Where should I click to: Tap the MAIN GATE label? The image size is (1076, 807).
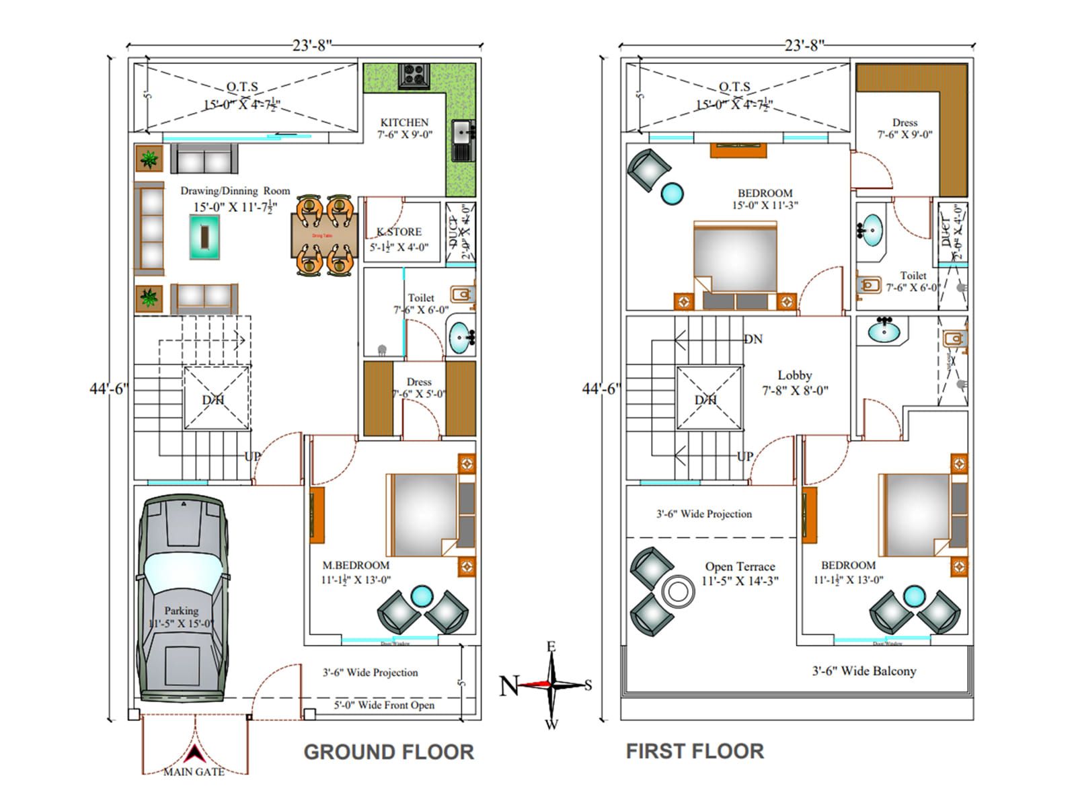tap(194, 772)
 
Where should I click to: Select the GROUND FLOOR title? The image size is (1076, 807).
tap(389, 752)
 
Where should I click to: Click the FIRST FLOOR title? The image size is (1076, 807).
tap(695, 751)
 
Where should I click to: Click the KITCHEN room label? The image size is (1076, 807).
tap(404, 122)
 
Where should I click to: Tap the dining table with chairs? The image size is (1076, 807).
tap(325, 235)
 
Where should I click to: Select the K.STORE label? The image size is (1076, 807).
tap(399, 232)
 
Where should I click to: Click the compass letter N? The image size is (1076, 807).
tap(509, 686)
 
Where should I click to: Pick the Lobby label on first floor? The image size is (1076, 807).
tap(795, 375)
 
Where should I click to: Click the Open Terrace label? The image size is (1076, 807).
tap(740, 567)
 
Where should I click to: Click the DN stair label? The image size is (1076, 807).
tap(753, 339)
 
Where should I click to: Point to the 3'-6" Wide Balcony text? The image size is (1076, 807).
tap(864, 671)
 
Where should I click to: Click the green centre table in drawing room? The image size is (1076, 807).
tap(204, 237)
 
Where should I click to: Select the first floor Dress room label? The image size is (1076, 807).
tap(905, 122)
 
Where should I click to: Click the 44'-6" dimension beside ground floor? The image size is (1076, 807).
tap(109, 389)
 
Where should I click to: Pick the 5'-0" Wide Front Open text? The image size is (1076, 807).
tap(384, 705)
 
